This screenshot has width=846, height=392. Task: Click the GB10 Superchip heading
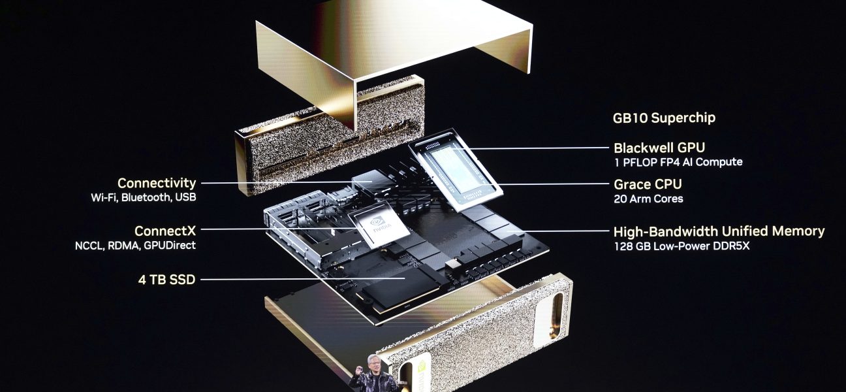tap(664, 118)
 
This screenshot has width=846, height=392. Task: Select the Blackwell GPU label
tap(659, 148)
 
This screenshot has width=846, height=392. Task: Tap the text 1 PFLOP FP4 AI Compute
tap(678, 162)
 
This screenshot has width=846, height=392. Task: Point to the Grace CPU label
tap(648, 184)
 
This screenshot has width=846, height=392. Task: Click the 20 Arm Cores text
tap(648, 199)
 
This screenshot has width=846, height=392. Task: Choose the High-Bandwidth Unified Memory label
tap(719, 231)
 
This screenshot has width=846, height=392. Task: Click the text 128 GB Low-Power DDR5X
tap(681, 246)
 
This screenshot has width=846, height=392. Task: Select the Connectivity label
tap(157, 184)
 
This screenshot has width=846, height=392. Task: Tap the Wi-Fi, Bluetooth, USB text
tap(144, 197)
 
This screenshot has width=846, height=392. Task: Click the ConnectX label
tap(165, 231)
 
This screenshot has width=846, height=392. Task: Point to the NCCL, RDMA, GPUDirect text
tap(135, 246)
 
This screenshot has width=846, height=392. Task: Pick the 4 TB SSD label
tap(166, 280)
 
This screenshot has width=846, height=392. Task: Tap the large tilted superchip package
tap(455, 170)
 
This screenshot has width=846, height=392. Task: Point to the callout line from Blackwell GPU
tap(531, 148)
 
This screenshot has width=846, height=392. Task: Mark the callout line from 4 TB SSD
tap(302, 280)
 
